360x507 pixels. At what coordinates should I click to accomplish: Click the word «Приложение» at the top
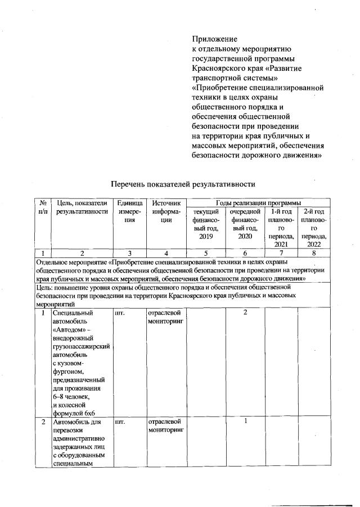(x=215, y=39)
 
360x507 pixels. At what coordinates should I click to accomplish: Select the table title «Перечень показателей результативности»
(x=183, y=184)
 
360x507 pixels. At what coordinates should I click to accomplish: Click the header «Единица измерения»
(x=130, y=211)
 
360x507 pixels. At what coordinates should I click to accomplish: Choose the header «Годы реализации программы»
(x=258, y=202)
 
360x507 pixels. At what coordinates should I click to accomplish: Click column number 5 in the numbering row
(x=206, y=254)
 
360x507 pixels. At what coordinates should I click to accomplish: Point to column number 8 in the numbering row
(x=314, y=254)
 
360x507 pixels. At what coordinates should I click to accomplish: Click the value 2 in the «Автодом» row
(x=245, y=312)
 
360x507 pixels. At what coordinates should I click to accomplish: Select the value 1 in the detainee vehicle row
(x=246, y=421)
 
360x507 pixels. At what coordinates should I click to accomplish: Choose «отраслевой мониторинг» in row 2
(x=165, y=425)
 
